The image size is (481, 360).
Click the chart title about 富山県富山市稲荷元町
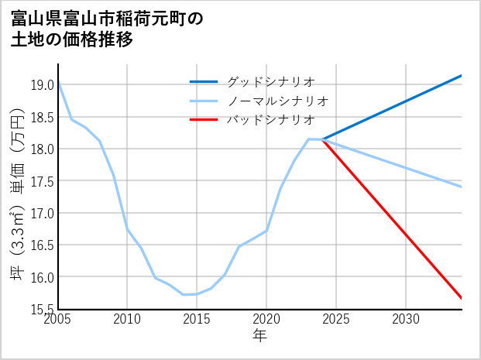pyautogui.click(x=108, y=29)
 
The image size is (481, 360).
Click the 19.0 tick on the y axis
pyautogui.click(x=42, y=84)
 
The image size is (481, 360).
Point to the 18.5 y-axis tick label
pyautogui.click(x=42, y=117)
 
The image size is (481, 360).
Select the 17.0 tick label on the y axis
pyautogui.click(x=42, y=213)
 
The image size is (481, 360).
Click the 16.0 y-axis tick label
pyautogui.click(x=42, y=277)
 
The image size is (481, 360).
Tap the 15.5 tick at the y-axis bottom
pyautogui.click(x=42, y=310)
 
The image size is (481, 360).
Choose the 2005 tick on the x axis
pyautogui.click(x=58, y=319)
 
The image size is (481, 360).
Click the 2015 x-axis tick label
pyautogui.click(x=197, y=319)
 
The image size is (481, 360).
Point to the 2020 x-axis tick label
pyautogui.click(x=266, y=319)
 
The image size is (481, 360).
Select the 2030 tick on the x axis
pyautogui.click(x=406, y=319)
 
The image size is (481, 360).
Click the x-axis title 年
pyautogui.click(x=259, y=335)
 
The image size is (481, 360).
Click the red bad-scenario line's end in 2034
pyautogui.click(x=462, y=298)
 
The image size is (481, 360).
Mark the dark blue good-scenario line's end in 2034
pyautogui.click(x=462, y=75)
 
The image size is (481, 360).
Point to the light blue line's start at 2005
pyautogui.click(x=58, y=82)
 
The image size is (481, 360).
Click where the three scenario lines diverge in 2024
pyautogui.click(x=323, y=139)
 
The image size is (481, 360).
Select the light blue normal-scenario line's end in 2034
pyautogui.click(x=462, y=187)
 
